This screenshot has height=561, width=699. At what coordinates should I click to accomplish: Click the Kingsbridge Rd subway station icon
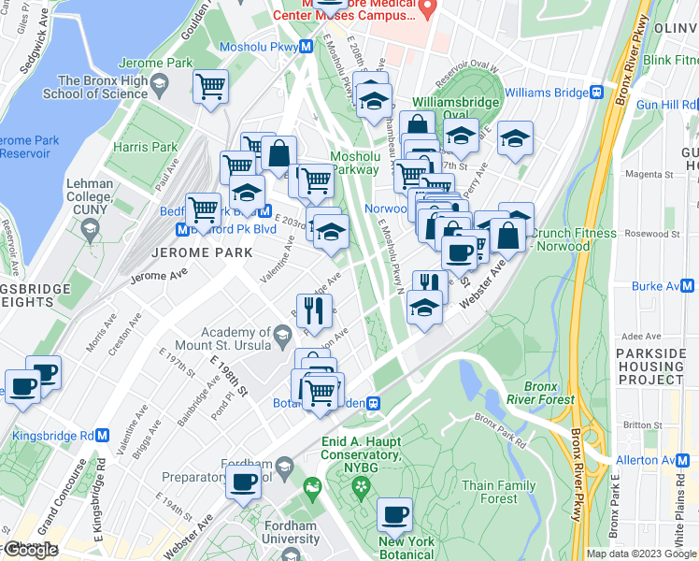pos(103,436)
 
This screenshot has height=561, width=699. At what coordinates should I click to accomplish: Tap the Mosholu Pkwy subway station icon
pos(307,48)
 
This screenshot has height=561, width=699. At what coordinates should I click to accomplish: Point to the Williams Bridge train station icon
pos(595,93)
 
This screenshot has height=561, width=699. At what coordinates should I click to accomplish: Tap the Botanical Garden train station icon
pos(373,403)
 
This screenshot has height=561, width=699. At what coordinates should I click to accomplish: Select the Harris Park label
pos(145,147)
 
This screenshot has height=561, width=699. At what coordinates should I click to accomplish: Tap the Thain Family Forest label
pos(499,492)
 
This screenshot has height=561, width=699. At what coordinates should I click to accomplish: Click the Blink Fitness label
pos(670,60)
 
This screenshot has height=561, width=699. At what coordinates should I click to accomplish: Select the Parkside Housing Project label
pos(655,367)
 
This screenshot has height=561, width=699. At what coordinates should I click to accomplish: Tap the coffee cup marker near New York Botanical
pos(394,516)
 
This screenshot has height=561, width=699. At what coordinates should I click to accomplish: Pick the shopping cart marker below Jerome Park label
pos(211,87)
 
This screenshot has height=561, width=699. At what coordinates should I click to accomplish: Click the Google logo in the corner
pos(30,550)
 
